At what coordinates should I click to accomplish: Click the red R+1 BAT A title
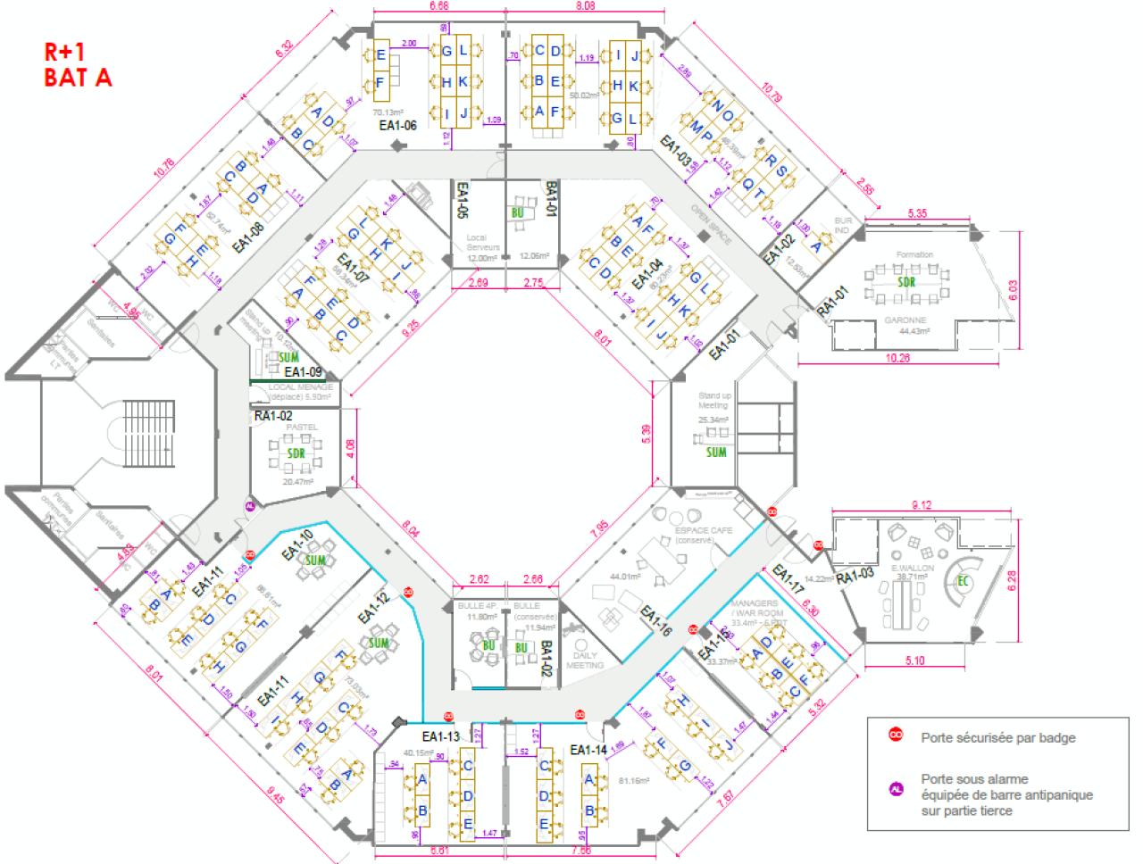point(79,64)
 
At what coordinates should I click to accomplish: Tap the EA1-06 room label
point(398,126)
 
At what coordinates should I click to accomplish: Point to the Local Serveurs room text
point(481,248)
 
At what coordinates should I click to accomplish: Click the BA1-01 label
point(551,198)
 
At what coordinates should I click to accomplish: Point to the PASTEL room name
point(296,428)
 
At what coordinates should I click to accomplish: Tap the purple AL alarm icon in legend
point(894,788)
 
